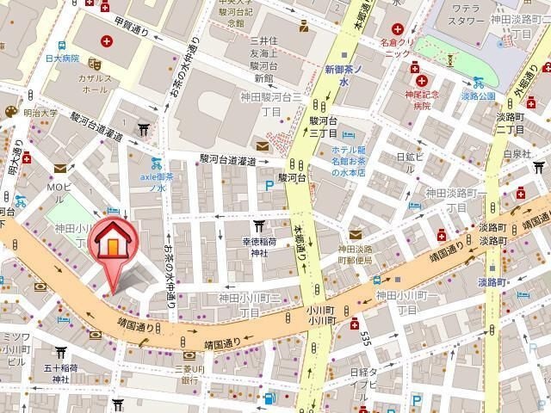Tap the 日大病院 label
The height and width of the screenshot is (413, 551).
[64, 59]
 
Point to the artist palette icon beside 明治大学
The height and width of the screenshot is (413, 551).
[10, 112]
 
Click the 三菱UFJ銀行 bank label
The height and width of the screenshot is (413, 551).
[190, 373]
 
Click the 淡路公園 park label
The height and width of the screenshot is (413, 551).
[477, 96]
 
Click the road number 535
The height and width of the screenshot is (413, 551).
[365, 339]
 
